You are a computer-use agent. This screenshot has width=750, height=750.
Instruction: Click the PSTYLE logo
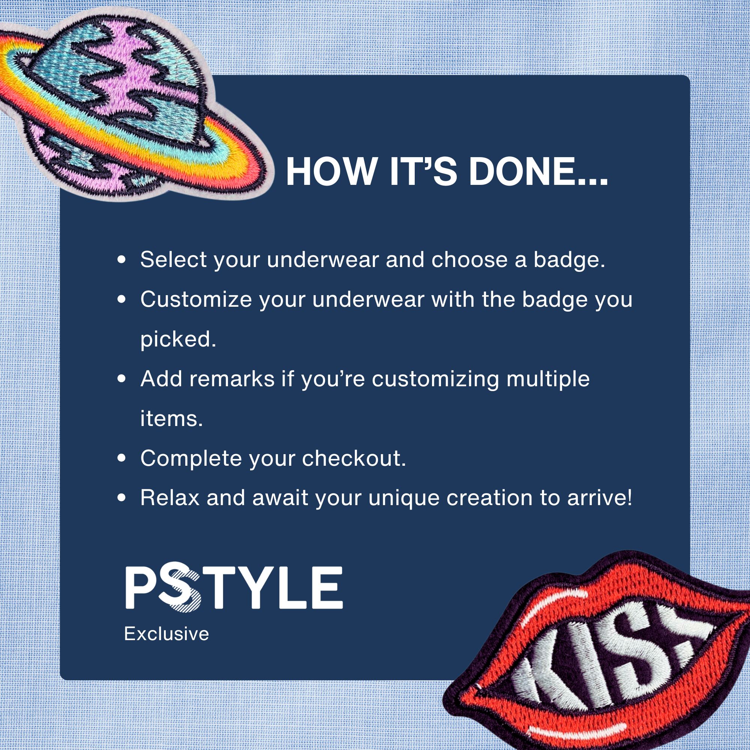click(x=234, y=587)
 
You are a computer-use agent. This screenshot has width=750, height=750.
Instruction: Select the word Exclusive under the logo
click(x=166, y=634)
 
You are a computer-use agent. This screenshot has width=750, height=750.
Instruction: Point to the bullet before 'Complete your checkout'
click(x=122, y=458)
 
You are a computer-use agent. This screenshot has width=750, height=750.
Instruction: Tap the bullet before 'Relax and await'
click(x=122, y=498)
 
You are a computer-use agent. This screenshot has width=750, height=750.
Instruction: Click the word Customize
click(x=196, y=299)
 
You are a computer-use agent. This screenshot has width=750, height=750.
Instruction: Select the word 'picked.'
click(x=178, y=340)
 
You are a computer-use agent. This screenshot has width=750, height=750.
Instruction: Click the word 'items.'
click(x=171, y=418)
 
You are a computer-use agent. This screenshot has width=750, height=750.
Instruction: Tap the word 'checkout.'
click(x=354, y=458)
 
